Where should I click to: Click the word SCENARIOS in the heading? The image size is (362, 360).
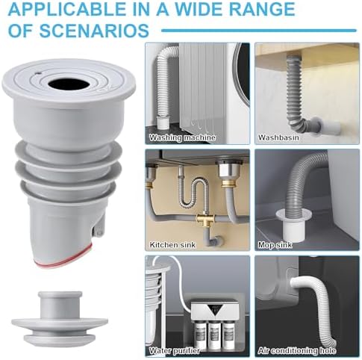click(94, 31)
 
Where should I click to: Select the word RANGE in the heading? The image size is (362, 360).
click(262, 9)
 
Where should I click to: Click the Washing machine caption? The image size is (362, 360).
click(182, 137)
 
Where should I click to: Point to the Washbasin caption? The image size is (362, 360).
click(278, 137)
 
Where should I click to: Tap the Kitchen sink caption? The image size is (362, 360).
click(172, 245)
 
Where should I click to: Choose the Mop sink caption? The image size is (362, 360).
click(275, 245)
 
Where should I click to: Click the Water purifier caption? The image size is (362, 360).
click(175, 351)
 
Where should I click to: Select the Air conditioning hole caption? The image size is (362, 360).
click(297, 351)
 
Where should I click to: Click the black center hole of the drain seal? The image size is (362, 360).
click(69, 84)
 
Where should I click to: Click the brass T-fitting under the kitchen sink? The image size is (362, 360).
click(204, 220)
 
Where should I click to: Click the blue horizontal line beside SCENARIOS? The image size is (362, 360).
click(259, 31)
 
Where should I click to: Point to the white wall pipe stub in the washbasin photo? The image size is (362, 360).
click(331, 127)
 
